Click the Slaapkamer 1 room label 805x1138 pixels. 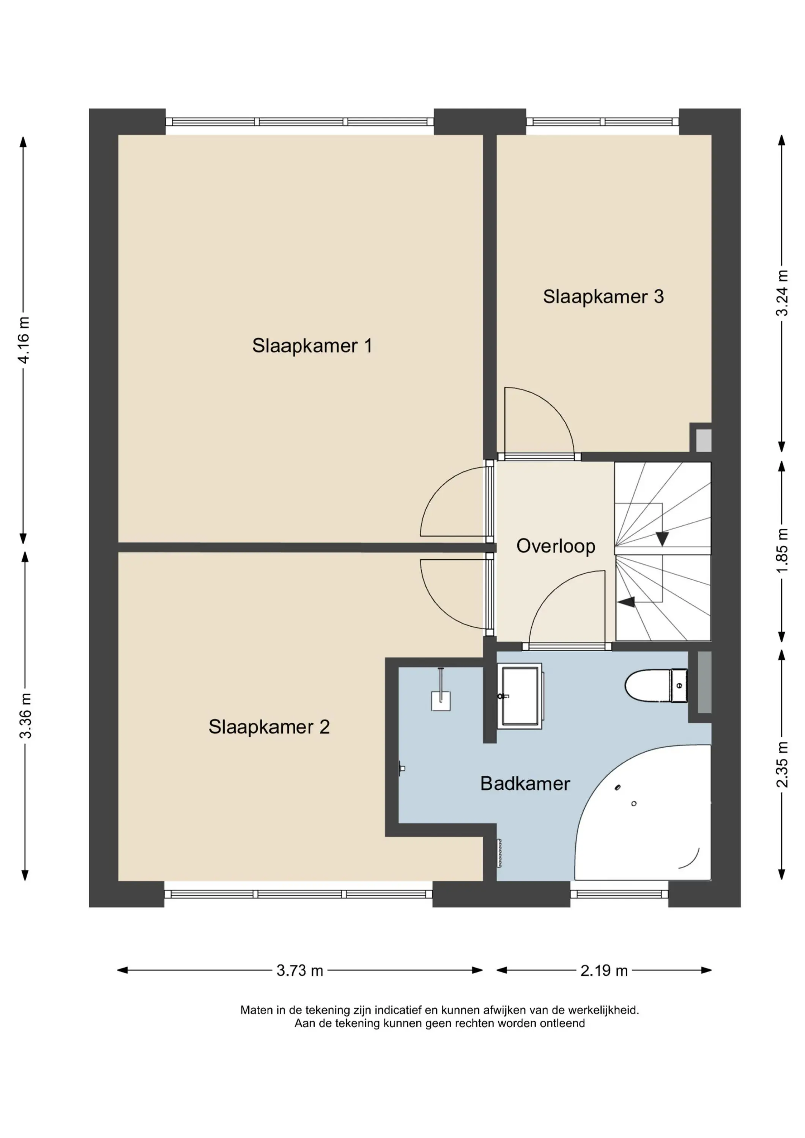[x=312, y=346]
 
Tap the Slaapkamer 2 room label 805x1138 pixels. [x=269, y=727]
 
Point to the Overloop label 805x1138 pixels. [x=556, y=546]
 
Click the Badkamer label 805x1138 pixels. [x=525, y=784]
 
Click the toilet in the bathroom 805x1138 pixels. [x=656, y=685]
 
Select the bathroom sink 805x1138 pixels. [x=520, y=696]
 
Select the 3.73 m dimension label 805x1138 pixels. [x=299, y=970]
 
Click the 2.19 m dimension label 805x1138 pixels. [x=604, y=970]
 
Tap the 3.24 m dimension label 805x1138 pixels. [x=782, y=293]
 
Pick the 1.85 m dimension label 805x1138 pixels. [x=782, y=551]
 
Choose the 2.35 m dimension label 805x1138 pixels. [x=782, y=764]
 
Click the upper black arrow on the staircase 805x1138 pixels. [x=662, y=538]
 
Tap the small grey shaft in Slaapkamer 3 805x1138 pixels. [x=703, y=440]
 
